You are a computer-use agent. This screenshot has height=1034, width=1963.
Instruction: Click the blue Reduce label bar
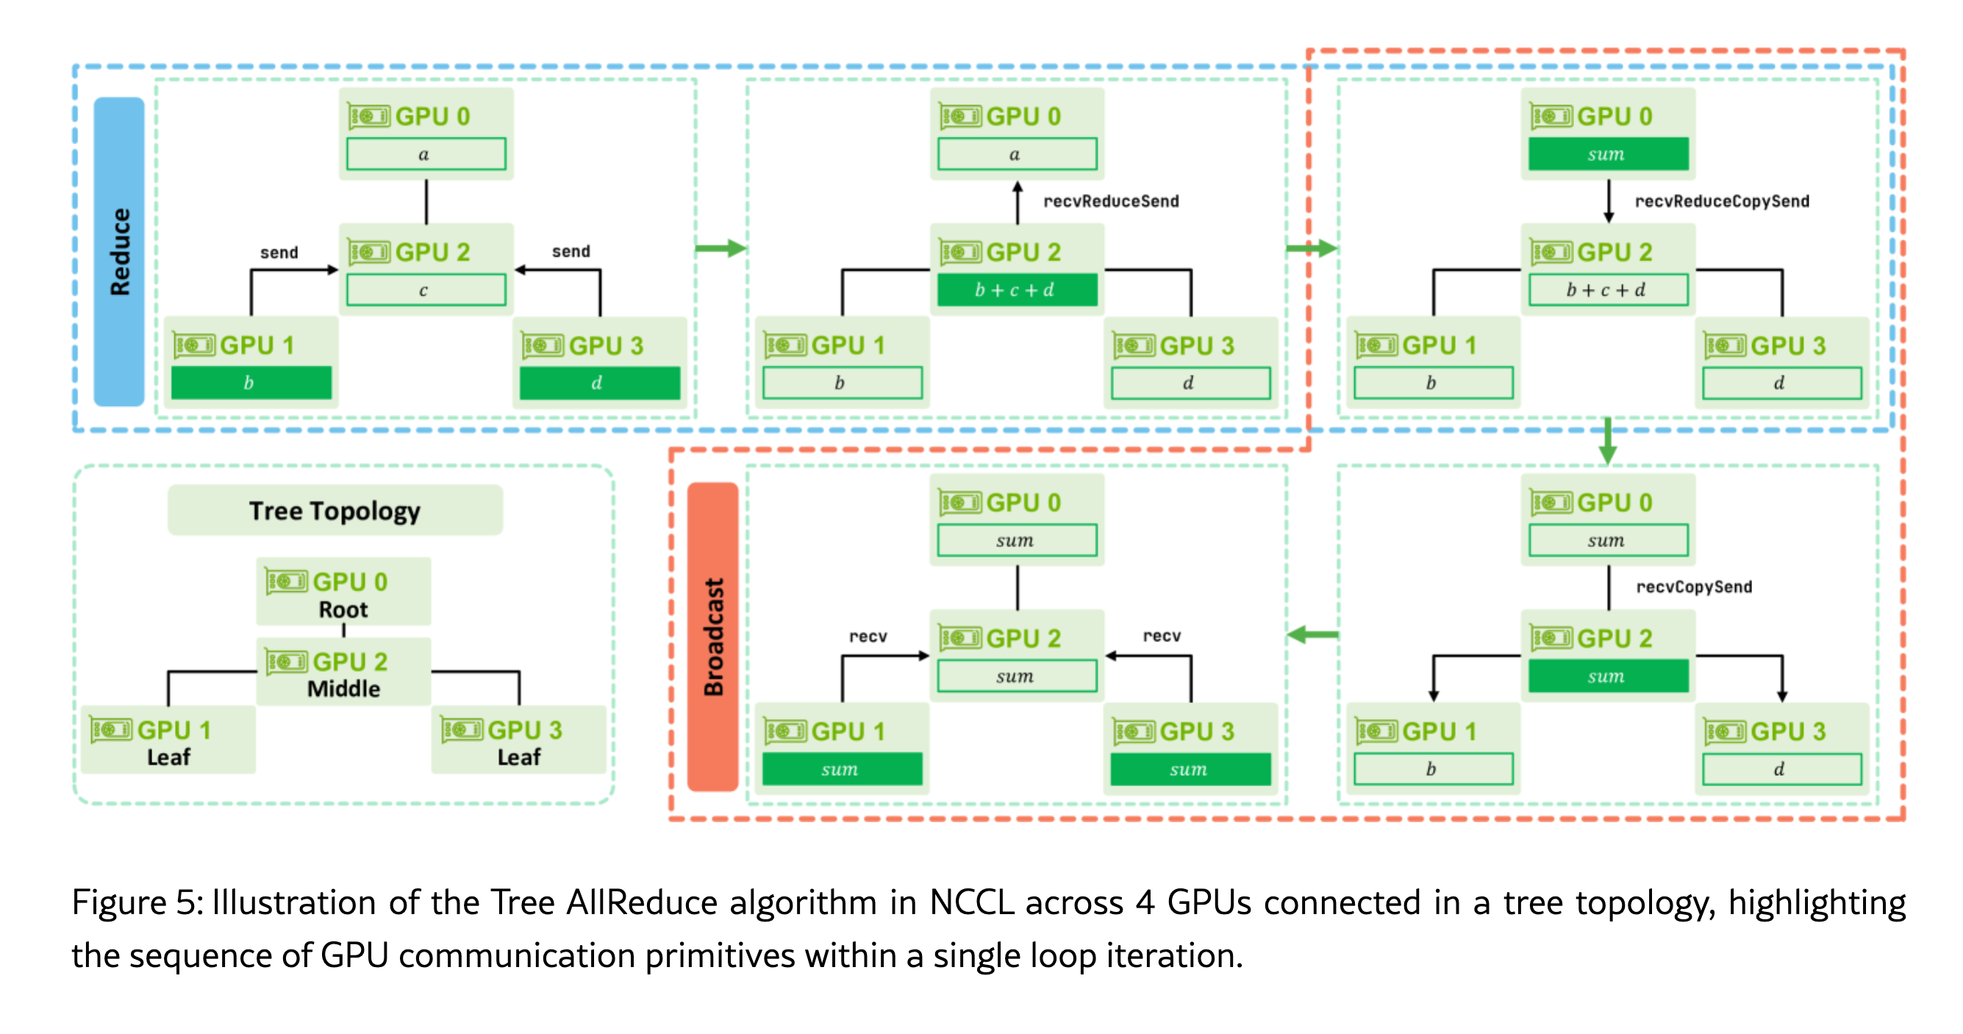119,252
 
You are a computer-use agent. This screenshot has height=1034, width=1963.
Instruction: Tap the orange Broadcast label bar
712,637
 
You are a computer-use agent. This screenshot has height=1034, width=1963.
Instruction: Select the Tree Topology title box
335,510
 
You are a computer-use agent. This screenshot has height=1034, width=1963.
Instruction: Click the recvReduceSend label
1110,202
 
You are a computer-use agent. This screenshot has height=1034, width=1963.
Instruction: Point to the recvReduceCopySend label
1721,202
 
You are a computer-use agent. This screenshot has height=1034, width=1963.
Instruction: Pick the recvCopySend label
1693,587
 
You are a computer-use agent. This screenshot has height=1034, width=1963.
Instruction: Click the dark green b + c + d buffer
1017,290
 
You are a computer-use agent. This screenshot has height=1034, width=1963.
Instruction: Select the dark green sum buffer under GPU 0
1608,154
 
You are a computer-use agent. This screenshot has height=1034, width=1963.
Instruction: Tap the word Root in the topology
343,610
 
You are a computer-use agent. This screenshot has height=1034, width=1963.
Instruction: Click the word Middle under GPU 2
343,689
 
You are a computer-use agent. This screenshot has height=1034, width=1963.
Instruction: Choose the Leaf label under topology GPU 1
168,757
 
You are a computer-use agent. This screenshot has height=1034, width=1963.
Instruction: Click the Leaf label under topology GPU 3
519,757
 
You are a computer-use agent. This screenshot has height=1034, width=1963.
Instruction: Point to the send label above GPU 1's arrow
279,253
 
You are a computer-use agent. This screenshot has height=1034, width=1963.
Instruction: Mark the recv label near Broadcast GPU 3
1162,636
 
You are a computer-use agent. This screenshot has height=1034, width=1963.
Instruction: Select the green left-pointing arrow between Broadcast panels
1312,635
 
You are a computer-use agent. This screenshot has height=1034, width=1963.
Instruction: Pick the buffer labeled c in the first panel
425,290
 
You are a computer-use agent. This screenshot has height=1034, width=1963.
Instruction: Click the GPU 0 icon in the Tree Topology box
287,582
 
